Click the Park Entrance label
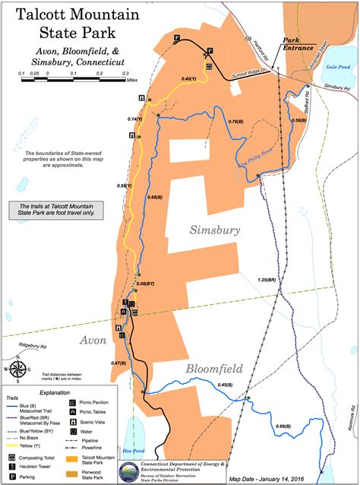coord(297,43)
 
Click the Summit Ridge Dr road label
coord(252,71)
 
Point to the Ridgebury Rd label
coord(29,346)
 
